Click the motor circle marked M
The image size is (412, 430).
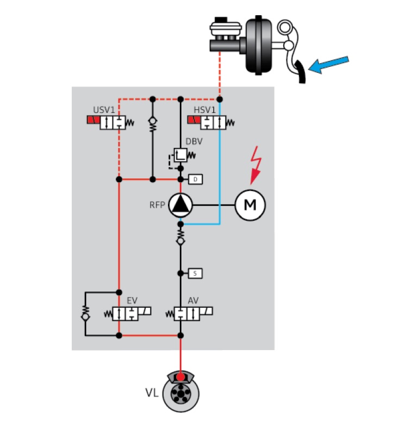coord(250,205)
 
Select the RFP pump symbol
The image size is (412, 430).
coord(180,205)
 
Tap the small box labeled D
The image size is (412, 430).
coord(196,179)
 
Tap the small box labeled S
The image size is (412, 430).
coord(195,273)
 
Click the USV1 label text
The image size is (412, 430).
coord(104,110)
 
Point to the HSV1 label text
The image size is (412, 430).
coord(204,110)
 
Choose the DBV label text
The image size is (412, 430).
coord(194,141)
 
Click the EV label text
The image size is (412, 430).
coord(132,301)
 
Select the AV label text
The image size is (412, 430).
coord(193,301)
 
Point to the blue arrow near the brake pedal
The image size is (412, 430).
coord(328,65)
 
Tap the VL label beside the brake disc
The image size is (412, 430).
coord(152,393)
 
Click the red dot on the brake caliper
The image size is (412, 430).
coord(180,377)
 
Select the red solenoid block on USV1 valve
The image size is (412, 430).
coord(93,120)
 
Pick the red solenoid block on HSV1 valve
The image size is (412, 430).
coord(194,120)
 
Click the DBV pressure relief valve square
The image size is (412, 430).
coord(180,155)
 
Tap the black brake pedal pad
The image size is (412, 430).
coord(301,72)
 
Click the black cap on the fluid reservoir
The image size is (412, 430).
coord(221,20)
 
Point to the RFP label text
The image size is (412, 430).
coord(157,205)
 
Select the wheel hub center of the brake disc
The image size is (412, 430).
coord(180,394)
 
